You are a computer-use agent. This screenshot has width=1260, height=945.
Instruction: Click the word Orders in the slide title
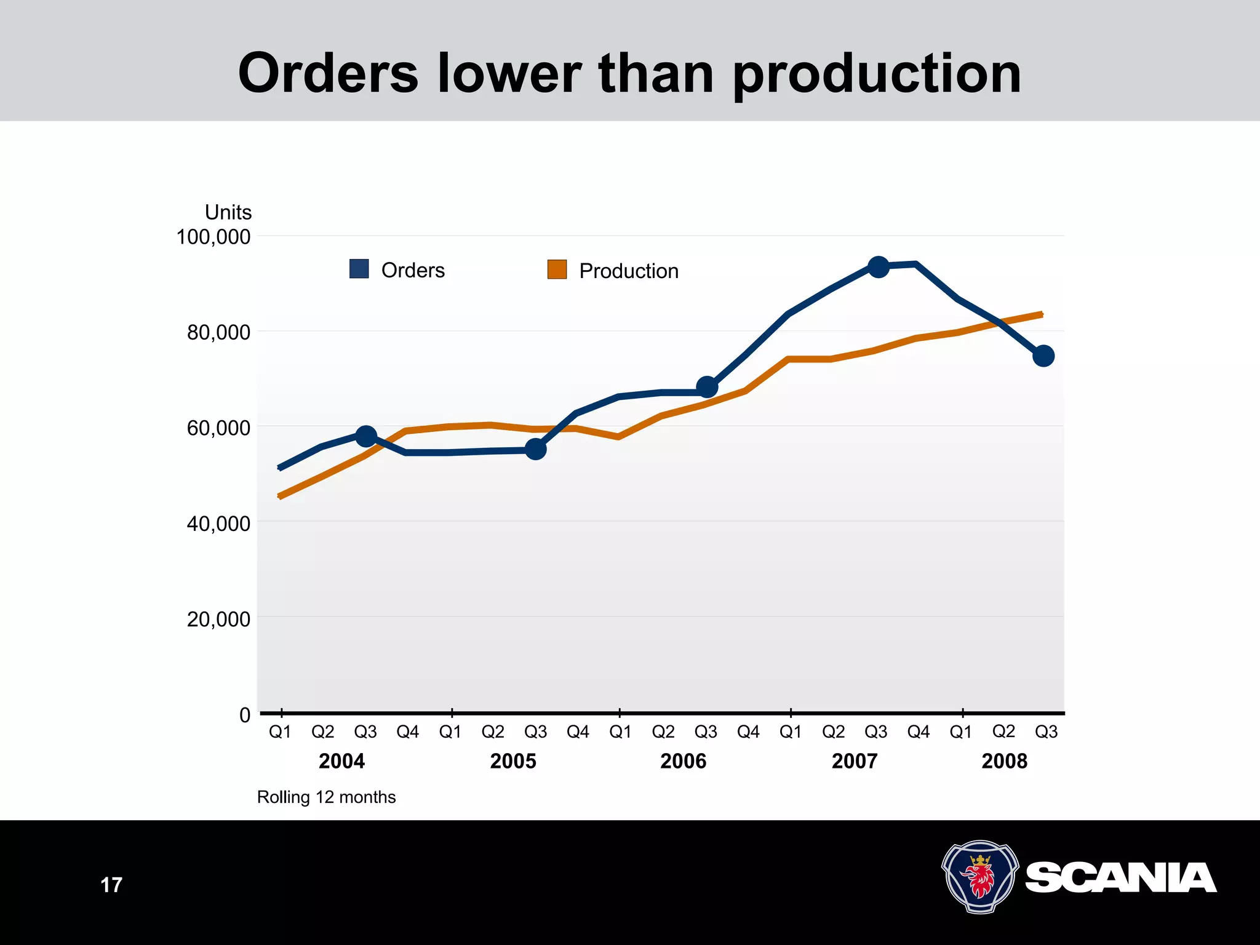coord(329,74)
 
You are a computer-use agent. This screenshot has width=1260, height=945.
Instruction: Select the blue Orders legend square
coord(359,269)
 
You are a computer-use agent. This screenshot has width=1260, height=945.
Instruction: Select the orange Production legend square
coord(557,269)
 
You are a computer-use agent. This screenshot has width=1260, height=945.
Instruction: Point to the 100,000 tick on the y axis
coord(213,237)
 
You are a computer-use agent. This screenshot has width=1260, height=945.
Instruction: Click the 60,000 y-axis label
coord(218,428)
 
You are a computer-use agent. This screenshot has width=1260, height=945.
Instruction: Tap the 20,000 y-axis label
coord(218,619)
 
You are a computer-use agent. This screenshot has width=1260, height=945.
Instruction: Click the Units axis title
coord(228,212)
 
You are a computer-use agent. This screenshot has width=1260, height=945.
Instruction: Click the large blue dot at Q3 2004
coord(366,436)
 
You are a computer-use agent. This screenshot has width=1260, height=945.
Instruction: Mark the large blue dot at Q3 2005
coord(536,450)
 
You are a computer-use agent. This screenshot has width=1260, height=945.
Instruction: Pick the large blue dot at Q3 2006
coord(707,388)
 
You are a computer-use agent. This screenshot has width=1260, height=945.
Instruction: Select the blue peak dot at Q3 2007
coord(878,267)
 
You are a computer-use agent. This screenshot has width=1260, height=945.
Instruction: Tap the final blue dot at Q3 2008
coord(1043,356)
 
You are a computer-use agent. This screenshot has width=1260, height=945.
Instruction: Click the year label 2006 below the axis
coord(684,762)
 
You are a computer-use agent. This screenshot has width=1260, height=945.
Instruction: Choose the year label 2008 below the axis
coord(1005,762)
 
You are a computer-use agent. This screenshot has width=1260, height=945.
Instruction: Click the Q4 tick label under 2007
coord(919,732)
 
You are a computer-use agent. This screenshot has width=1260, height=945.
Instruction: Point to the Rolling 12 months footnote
coord(326,797)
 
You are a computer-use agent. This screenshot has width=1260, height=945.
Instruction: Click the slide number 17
coord(111,885)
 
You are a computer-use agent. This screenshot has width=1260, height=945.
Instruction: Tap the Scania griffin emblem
coord(980,877)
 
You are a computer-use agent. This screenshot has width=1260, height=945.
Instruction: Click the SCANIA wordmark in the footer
coord(1121,878)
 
